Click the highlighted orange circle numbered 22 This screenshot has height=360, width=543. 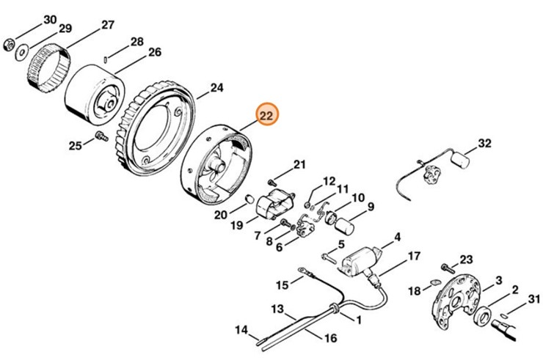point(266,115)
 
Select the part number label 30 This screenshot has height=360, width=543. point(49,19)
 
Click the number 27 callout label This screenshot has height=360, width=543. point(107,25)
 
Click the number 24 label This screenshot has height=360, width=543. point(216,88)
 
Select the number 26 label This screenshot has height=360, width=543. point(154,52)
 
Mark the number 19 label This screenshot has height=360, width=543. point(237,226)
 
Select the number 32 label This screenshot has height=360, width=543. point(484,143)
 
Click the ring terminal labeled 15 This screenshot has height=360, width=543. point(301,276)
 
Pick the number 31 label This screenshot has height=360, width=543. point(533,297)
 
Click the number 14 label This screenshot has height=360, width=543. point(241,330)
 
